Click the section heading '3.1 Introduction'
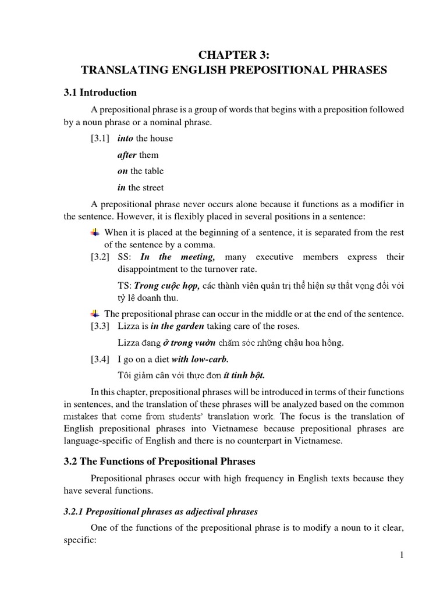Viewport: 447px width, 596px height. click(x=100, y=92)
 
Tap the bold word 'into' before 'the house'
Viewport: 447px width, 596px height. click(x=125, y=139)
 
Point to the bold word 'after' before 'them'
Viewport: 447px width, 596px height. click(x=127, y=155)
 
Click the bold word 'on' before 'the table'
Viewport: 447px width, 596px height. click(x=122, y=171)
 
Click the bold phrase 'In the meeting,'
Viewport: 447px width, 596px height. click(x=178, y=257)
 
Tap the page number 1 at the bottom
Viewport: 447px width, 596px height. click(x=402, y=556)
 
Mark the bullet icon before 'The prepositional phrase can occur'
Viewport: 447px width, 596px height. click(x=95, y=314)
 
